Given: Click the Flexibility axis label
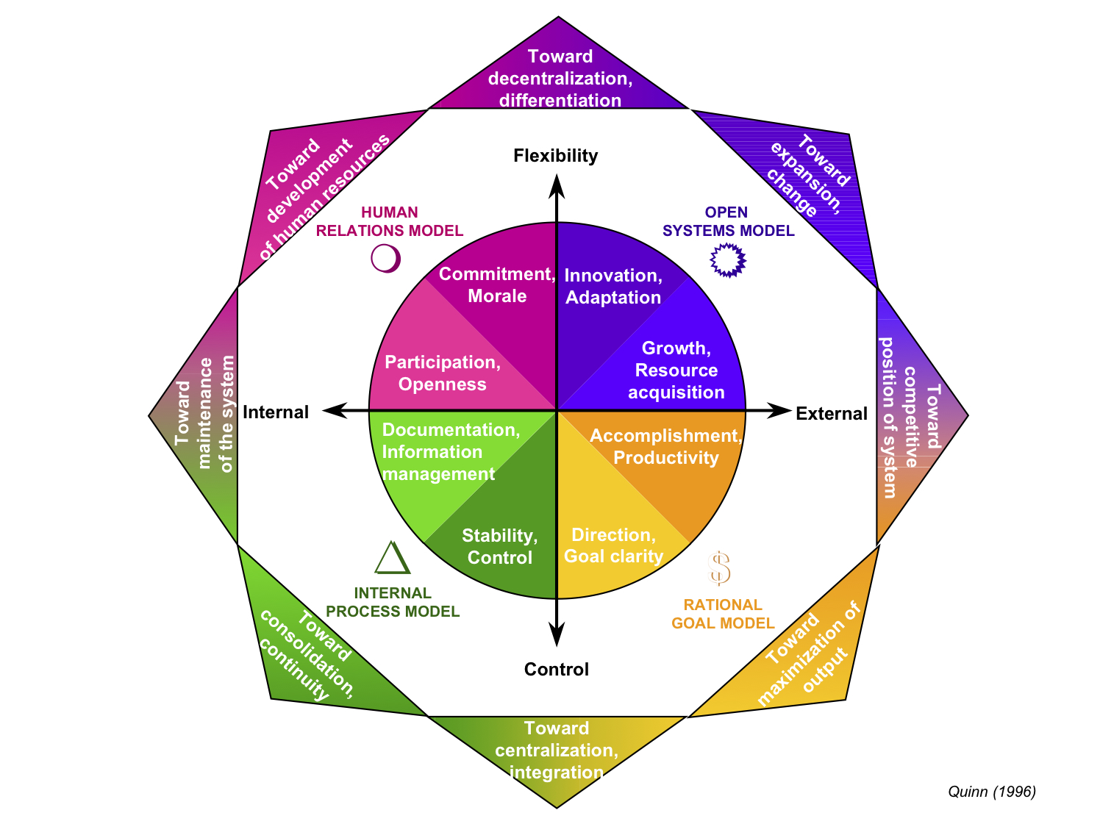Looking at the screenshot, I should pyautogui.click(x=555, y=156).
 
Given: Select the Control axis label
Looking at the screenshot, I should pyautogui.click(x=557, y=669).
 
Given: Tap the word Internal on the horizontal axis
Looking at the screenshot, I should pyautogui.click(x=276, y=412).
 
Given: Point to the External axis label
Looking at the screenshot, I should pyautogui.click(x=832, y=414).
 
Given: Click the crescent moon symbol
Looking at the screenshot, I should pyautogui.click(x=386, y=259).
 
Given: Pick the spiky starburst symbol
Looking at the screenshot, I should pyautogui.click(x=728, y=259).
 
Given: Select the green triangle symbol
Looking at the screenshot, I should pyautogui.click(x=392, y=558).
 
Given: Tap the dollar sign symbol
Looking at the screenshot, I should pyautogui.click(x=719, y=568).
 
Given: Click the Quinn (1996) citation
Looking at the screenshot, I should pyautogui.click(x=991, y=792).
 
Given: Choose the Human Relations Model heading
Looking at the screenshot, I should pyautogui.click(x=390, y=221).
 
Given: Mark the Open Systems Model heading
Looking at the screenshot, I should pyautogui.click(x=728, y=221).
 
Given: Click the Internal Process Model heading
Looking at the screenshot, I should pyautogui.click(x=393, y=602).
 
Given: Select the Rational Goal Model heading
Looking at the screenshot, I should pyautogui.click(x=723, y=614).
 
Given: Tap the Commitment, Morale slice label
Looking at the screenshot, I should pyautogui.click(x=497, y=285).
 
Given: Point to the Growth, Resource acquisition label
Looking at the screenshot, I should pyautogui.click(x=676, y=370).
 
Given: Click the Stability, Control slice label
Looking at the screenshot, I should pyautogui.click(x=500, y=546).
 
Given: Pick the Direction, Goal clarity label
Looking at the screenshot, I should pyautogui.click(x=613, y=545).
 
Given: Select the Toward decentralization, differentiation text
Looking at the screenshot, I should pyautogui.click(x=560, y=79).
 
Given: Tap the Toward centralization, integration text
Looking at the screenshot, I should pyautogui.click(x=557, y=750).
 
